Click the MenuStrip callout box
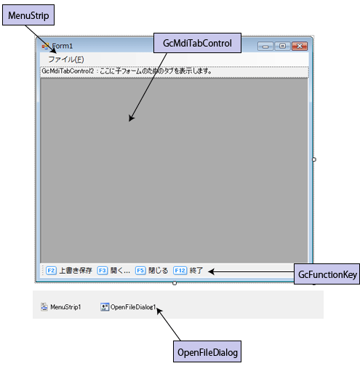click(x=28, y=15)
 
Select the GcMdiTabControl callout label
click(x=197, y=43)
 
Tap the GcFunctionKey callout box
click(x=327, y=274)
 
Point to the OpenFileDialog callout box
click(x=207, y=351)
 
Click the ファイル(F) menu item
click(x=66, y=60)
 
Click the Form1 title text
click(x=62, y=46)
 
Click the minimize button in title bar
click(x=265, y=46)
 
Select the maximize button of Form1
click(x=282, y=46)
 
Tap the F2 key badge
click(x=51, y=271)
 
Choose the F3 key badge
click(x=103, y=271)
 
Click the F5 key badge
click(x=140, y=271)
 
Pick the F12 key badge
click(x=180, y=271)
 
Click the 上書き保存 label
click(x=76, y=271)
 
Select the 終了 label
click(x=196, y=271)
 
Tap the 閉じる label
click(x=158, y=271)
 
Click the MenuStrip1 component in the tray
click(x=61, y=307)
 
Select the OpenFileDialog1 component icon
click(x=105, y=307)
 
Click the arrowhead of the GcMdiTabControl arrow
click(x=131, y=119)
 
